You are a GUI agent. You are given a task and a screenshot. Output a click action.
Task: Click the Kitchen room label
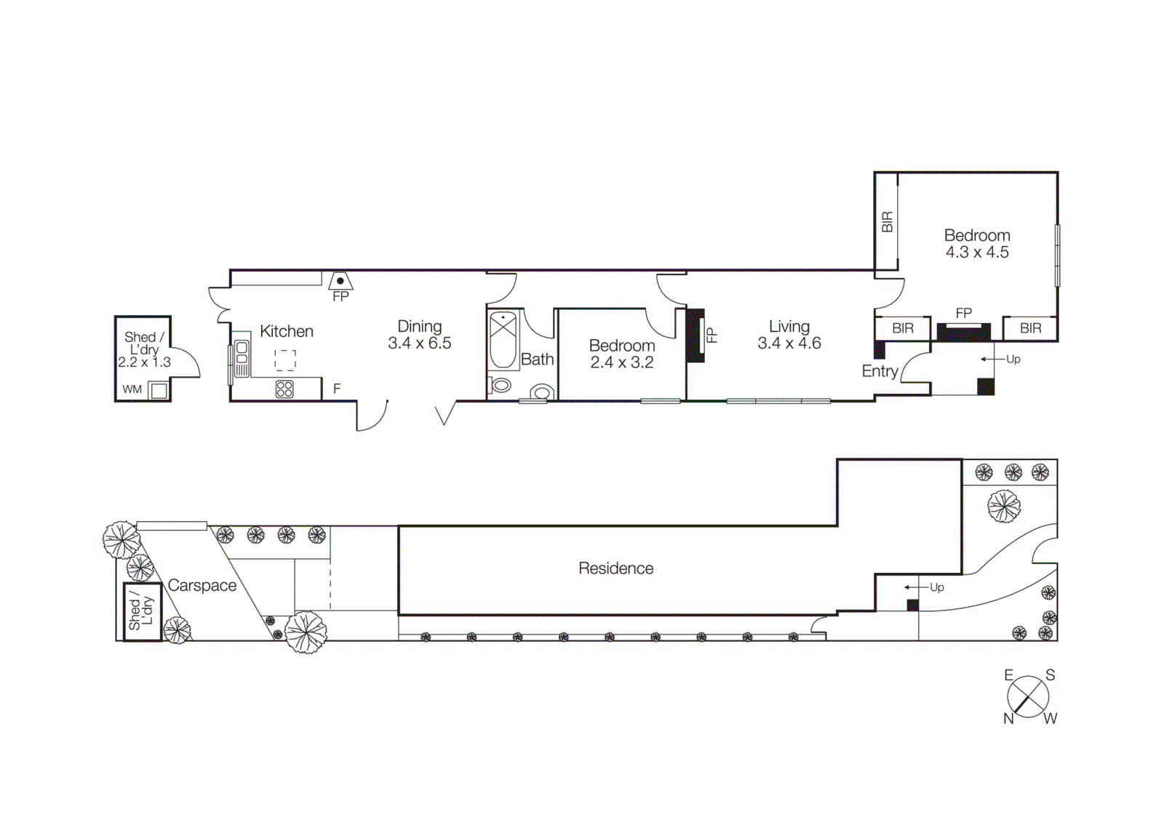(x=287, y=332)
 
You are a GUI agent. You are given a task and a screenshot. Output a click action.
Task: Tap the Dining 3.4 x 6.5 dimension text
(x=420, y=343)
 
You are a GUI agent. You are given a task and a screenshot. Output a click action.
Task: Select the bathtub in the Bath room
(x=503, y=340)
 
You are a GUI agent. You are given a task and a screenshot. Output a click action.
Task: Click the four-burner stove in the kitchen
(x=284, y=389)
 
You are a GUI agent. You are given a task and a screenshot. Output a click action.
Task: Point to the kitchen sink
(x=242, y=359)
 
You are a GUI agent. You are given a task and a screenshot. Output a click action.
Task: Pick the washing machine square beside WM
(x=159, y=391)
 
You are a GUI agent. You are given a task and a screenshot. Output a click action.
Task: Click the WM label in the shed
(x=132, y=389)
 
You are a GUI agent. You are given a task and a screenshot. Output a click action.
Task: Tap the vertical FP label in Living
(x=712, y=335)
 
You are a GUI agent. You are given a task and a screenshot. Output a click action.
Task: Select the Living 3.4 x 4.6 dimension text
(x=789, y=343)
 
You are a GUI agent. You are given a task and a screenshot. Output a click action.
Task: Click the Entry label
(x=880, y=371)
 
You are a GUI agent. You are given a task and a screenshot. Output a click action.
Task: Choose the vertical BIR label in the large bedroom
(x=887, y=222)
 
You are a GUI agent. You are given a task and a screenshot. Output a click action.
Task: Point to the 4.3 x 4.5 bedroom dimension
(x=977, y=253)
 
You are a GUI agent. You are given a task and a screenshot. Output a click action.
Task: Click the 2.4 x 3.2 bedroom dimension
(x=622, y=362)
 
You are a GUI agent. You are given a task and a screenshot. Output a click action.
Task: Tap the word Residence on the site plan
(x=615, y=568)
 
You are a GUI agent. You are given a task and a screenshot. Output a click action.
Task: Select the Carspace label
(x=202, y=586)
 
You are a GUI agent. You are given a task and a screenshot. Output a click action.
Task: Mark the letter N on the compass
(x=1008, y=718)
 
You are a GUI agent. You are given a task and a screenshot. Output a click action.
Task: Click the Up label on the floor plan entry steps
(x=1013, y=359)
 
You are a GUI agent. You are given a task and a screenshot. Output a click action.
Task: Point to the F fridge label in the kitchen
(x=337, y=389)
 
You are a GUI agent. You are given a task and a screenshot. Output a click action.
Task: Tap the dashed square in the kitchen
(x=285, y=360)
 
